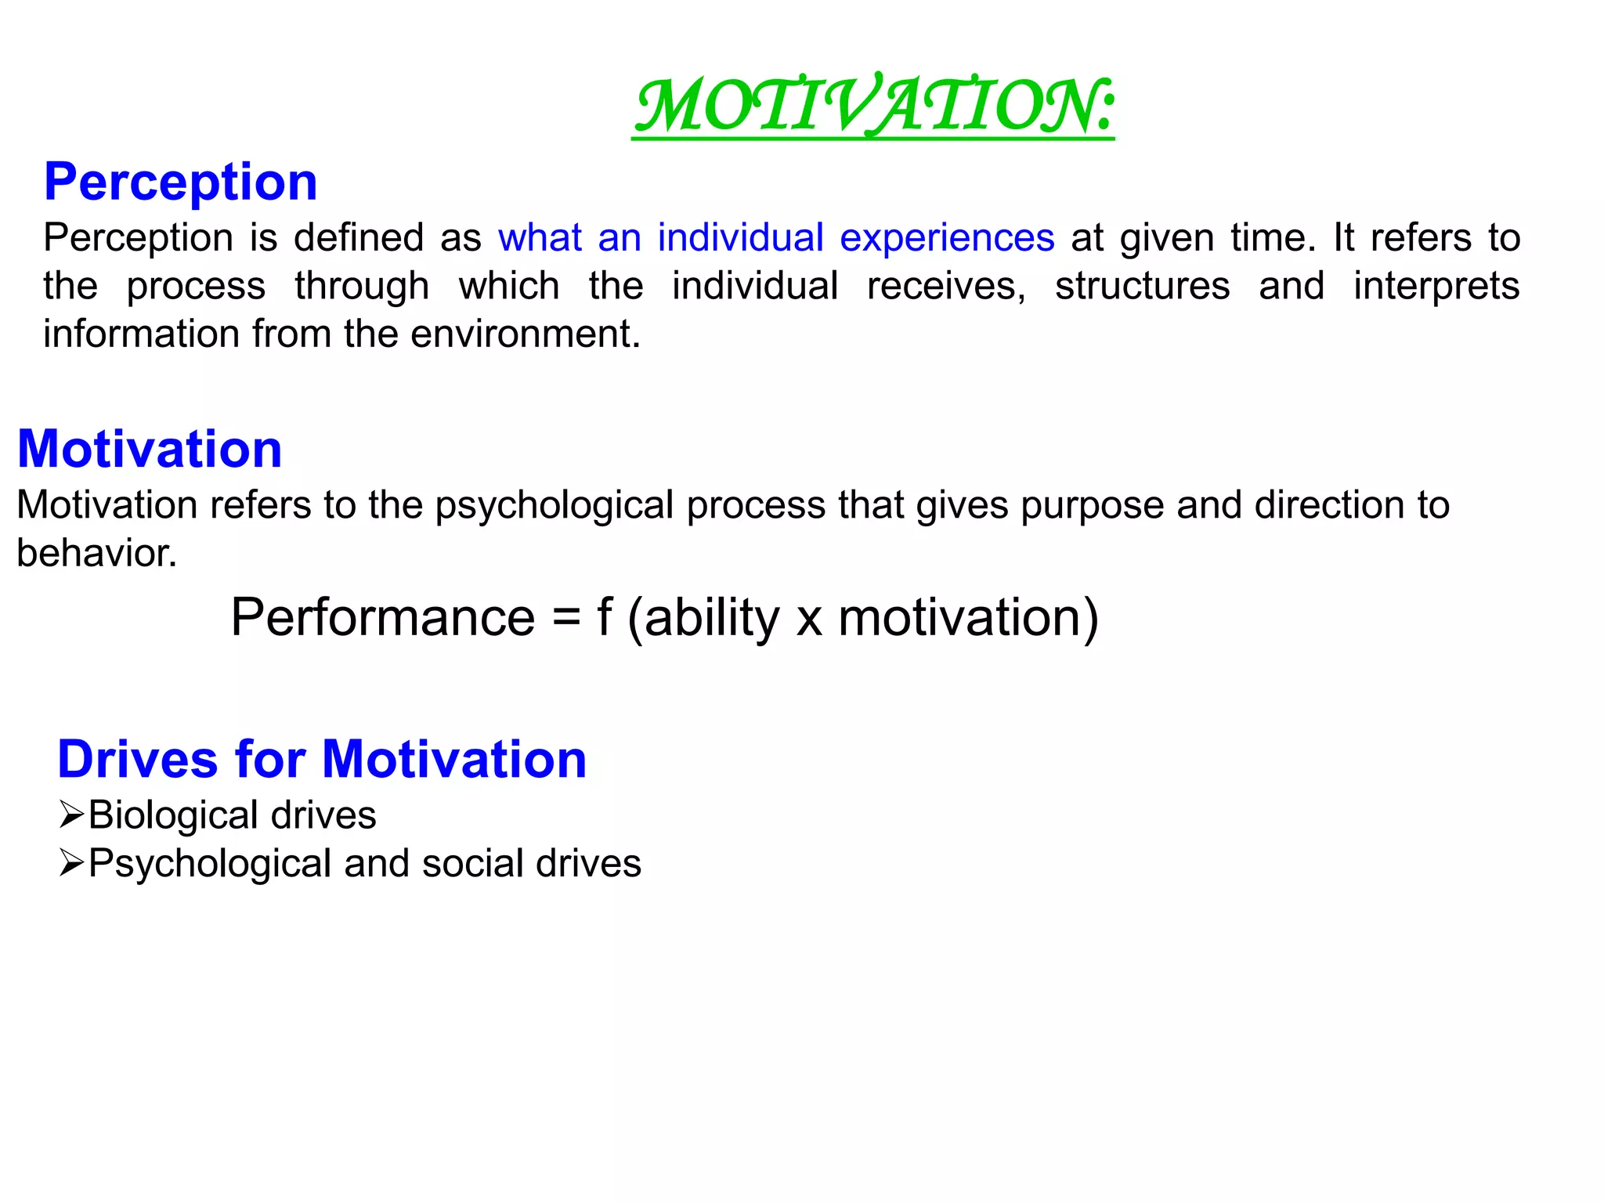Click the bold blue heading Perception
point(180,182)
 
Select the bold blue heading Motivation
point(150,450)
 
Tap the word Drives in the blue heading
point(138,760)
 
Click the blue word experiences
point(947,238)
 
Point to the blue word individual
point(740,238)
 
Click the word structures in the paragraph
point(1142,286)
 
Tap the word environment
point(526,334)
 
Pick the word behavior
point(96,554)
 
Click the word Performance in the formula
point(383,618)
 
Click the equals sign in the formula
point(566,619)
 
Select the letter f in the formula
point(604,617)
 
